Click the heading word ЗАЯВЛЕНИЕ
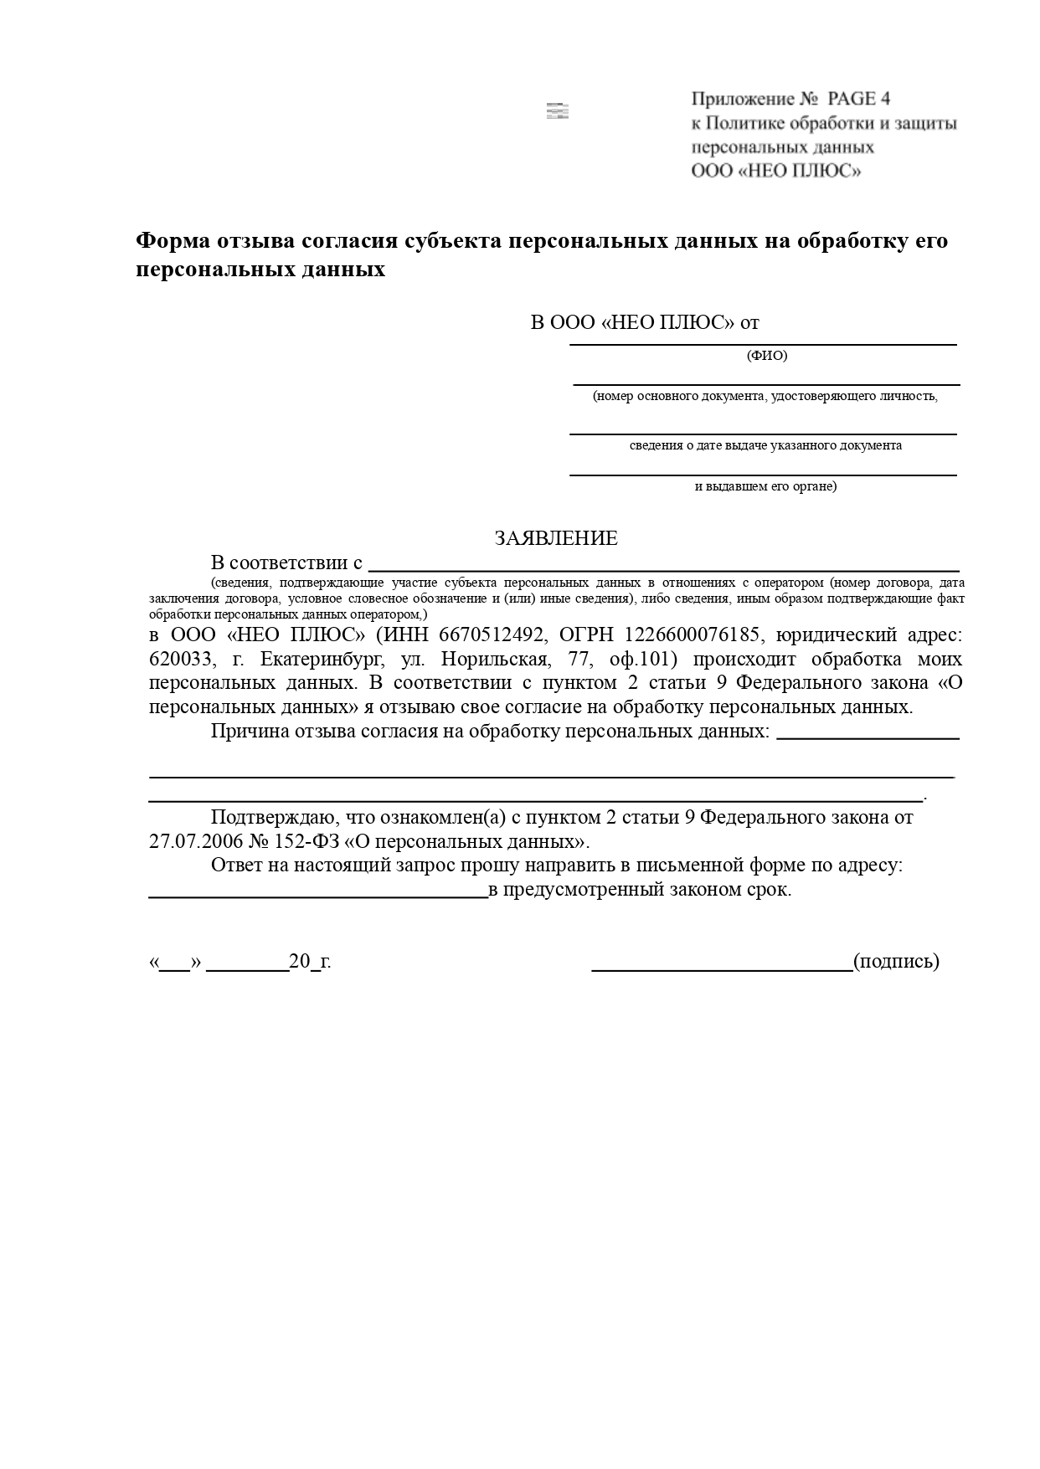[x=556, y=538]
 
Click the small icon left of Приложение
[x=557, y=111]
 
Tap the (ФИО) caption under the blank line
[x=767, y=356]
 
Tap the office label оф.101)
[x=643, y=659]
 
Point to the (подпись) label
[x=896, y=961]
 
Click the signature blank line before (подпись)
[x=722, y=968]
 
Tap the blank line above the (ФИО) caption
[x=763, y=343]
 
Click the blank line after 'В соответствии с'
[x=663, y=569]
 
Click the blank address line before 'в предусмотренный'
[x=318, y=896]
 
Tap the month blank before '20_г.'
[x=247, y=968]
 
